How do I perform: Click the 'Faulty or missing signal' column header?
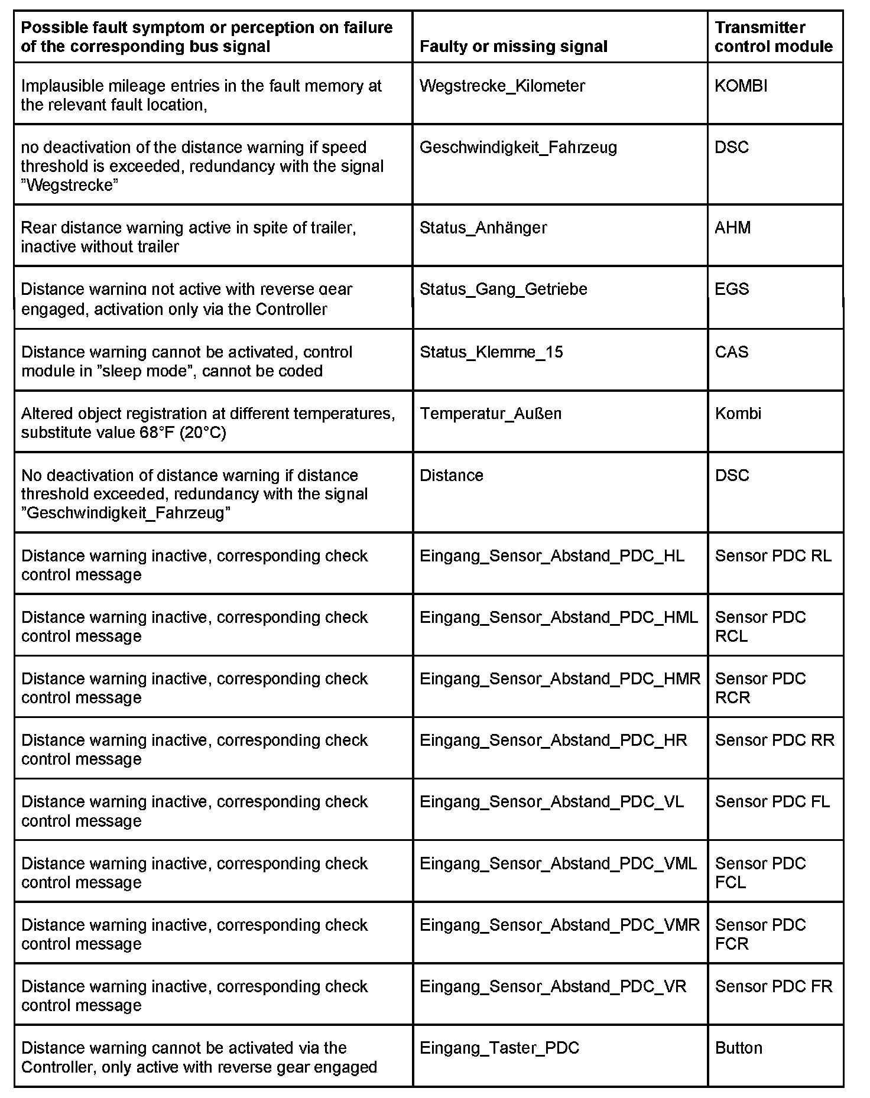coord(513,47)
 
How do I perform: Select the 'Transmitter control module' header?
coord(773,37)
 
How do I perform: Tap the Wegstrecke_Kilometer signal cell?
coord(502,86)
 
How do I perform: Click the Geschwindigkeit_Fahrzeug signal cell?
coord(518,147)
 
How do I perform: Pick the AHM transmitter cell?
coord(732,228)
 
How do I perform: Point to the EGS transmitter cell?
coord(732,289)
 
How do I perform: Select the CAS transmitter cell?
coord(732,352)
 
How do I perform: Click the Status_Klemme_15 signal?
coord(491,352)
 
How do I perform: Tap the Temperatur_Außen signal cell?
coord(490,414)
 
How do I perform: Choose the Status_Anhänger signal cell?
coord(483,228)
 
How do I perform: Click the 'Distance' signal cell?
coord(451,476)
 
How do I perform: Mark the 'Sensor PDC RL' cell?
coord(772,556)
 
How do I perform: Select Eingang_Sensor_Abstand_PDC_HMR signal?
coord(559,679)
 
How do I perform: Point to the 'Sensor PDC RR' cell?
coord(774,740)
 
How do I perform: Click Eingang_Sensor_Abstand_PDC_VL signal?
coord(551,802)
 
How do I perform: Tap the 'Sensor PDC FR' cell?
coord(773,986)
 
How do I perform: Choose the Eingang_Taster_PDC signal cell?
coord(499,1048)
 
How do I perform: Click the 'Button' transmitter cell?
coord(738,1048)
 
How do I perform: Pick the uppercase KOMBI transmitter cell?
coord(741,86)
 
